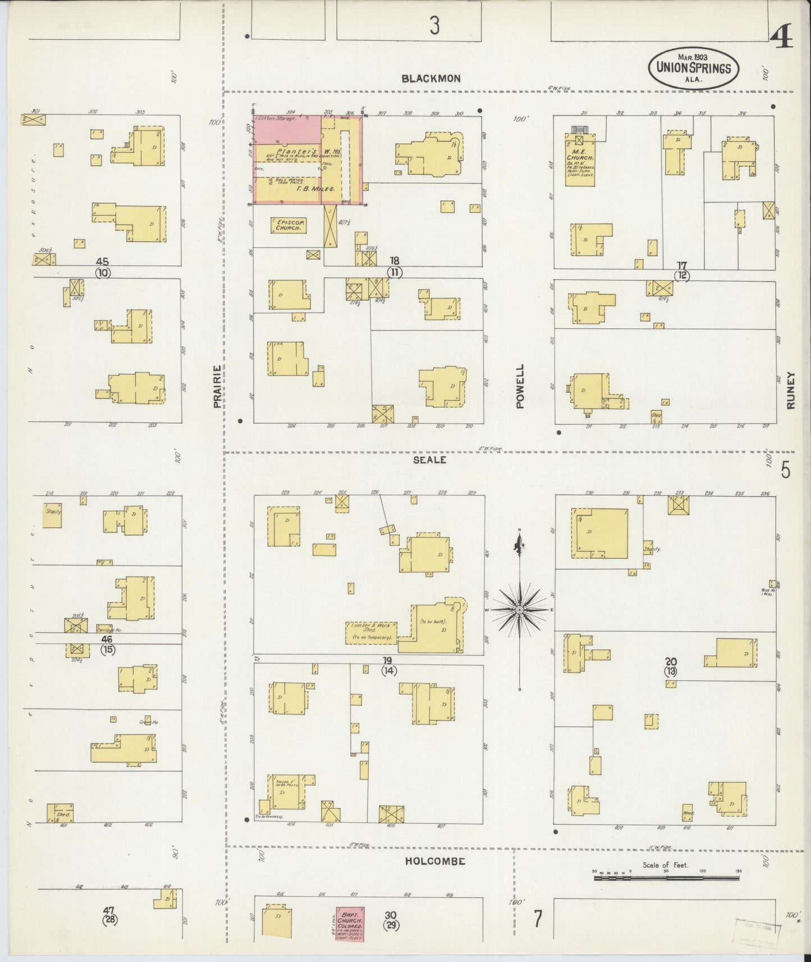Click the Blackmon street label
430,79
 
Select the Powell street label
520,386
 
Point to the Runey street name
791,390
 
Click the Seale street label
429,460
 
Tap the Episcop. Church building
289,226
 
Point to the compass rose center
520,610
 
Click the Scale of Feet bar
666,877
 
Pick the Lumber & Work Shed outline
370,633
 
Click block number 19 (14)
388,665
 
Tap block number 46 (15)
107,644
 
